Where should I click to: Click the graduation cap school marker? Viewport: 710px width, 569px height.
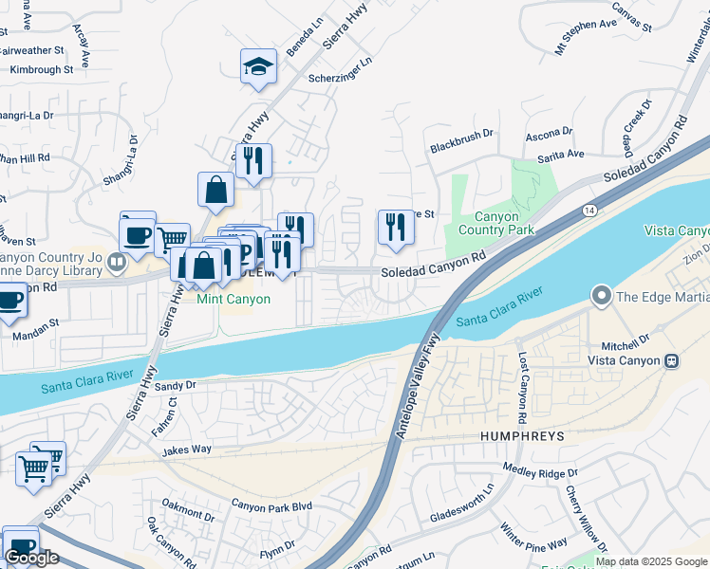[x=258, y=67]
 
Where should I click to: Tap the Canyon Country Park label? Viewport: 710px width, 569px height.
[x=495, y=223]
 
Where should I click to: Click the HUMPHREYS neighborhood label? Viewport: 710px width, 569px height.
[x=516, y=436]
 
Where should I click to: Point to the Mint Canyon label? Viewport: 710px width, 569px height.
[x=234, y=299]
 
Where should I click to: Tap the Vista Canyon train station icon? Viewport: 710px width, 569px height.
[x=672, y=360]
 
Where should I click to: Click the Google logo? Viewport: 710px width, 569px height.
[x=32, y=558]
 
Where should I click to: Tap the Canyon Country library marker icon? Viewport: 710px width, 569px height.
[x=117, y=261]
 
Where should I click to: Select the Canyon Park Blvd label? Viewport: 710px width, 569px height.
[x=271, y=506]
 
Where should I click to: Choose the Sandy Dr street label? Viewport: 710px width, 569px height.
[x=175, y=386]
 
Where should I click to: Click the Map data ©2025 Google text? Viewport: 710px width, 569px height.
[x=651, y=561]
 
